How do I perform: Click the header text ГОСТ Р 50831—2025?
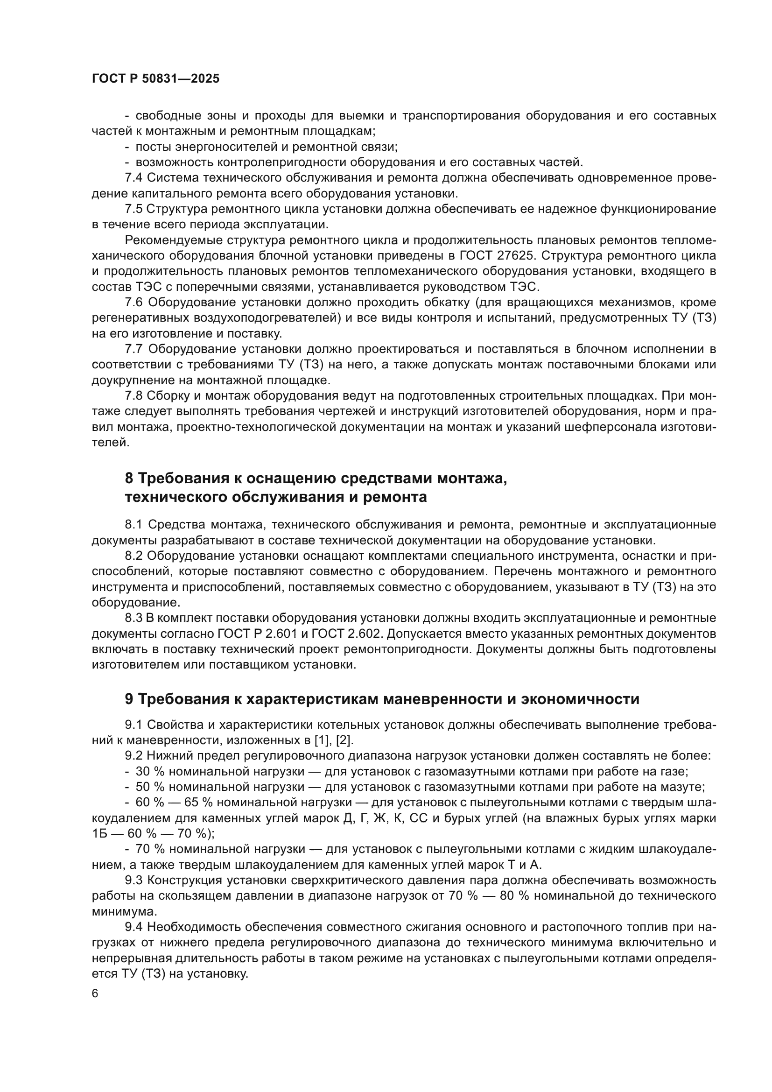click(155, 79)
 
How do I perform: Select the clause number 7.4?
click(133, 178)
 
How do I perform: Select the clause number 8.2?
click(133, 556)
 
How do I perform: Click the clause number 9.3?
click(133, 881)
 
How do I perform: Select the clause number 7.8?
click(133, 396)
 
